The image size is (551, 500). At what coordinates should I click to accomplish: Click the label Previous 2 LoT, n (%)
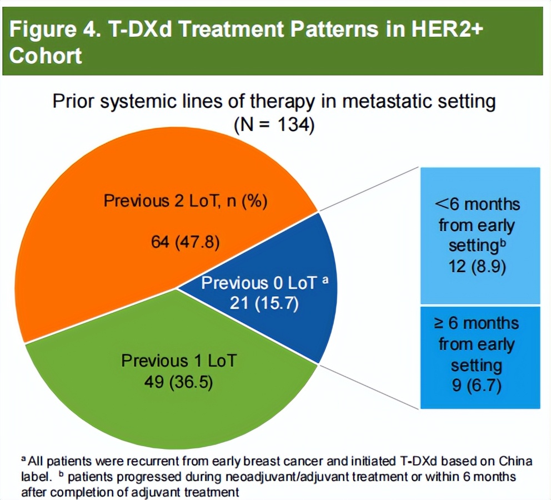[186, 201]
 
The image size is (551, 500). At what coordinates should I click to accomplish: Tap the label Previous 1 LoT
[178, 361]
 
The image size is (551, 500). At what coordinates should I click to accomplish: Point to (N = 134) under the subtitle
[274, 124]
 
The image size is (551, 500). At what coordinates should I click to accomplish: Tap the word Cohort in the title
[46, 56]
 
